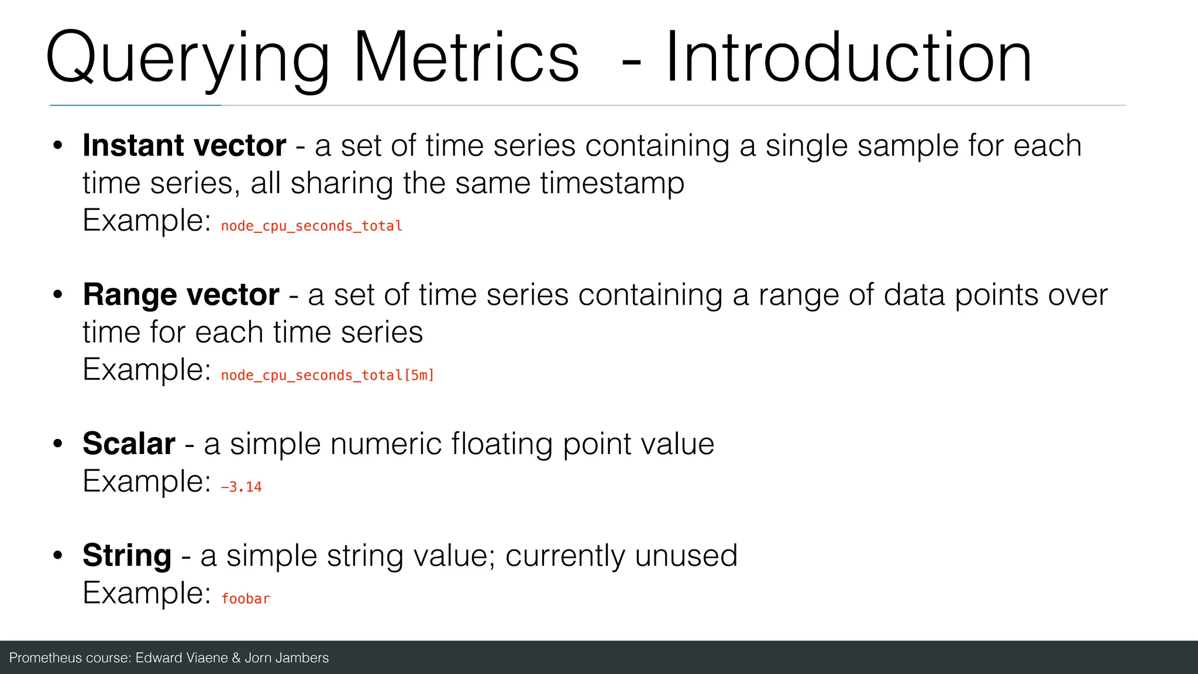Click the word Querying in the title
click(x=187, y=59)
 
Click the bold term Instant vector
click(x=184, y=145)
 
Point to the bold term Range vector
click(x=181, y=294)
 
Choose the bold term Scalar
click(x=129, y=443)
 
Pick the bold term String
click(x=127, y=555)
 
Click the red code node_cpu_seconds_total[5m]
click(x=328, y=375)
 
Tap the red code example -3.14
click(x=241, y=487)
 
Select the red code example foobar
click(x=246, y=599)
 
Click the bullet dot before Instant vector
click(x=57, y=146)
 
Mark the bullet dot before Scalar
click(x=57, y=444)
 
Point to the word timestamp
click(x=612, y=184)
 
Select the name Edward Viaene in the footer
click(x=181, y=658)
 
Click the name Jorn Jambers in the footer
click(x=287, y=658)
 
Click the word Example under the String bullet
click(x=146, y=593)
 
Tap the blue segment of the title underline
click(x=135, y=105)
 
